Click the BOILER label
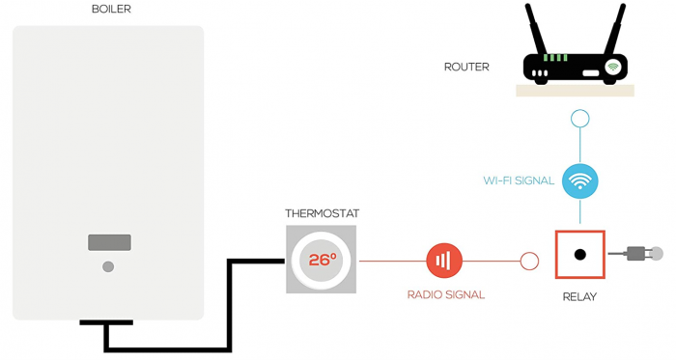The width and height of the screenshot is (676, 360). pyautogui.click(x=111, y=10)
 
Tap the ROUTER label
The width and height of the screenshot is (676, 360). pyautogui.click(x=466, y=68)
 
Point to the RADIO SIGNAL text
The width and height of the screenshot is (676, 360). pyautogui.click(x=445, y=294)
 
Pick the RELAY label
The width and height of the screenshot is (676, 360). pyautogui.click(x=579, y=296)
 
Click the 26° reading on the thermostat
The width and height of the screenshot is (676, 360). pyautogui.click(x=322, y=260)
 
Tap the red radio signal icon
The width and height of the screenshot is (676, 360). pyautogui.click(x=444, y=260)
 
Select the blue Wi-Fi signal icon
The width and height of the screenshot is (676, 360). pyautogui.click(x=579, y=180)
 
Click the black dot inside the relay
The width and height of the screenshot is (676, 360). pyautogui.click(x=579, y=255)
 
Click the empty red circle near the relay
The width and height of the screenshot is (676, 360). pyautogui.click(x=529, y=261)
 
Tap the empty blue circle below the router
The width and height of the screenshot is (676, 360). pyautogui.click(x=579, y=120)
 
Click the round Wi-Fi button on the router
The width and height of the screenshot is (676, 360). pyautogui.click(x=612, y=67)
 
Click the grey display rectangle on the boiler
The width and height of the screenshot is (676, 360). pyautogui.click(x=109, y=242)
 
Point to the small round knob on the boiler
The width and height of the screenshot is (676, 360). pyautogui.click(x=108, y=265)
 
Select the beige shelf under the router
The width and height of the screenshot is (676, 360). pyautogui.click(x=576, y=90)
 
